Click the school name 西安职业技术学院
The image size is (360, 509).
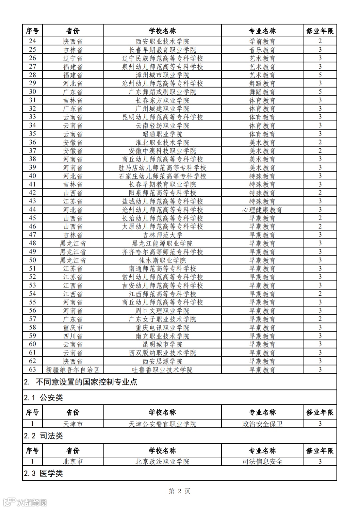[x=162, y=41]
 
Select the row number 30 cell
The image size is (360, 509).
[x=32, y=92]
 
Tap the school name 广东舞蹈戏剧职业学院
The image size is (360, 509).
[x=162, y=92]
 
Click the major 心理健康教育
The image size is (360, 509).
[x=262, y=210]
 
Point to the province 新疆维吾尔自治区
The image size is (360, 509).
[x=73, y=369]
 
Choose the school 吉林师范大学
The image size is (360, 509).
[x=162, y=235]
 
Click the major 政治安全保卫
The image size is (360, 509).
[x=262, y=424]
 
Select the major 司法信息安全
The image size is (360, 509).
[x=262, y=461]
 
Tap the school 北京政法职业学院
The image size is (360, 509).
[x=162, y=461]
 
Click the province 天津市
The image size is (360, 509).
[x=73, y=424]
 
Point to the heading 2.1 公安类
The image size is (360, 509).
[x=43, y=397]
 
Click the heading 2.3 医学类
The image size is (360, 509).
[x=43, y=473]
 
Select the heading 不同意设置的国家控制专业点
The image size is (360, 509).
[x=86, y=382]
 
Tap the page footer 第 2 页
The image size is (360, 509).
[x=180, y=491]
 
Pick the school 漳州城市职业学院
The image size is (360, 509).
[x=162, y=75]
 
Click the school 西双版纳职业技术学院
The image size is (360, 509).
[x=162, y=353]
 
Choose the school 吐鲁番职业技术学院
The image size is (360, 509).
[x=162, y=369]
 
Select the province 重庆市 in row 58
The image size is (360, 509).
[x=73, y=327]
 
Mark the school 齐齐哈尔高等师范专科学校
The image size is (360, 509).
[x=162, y=252]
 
